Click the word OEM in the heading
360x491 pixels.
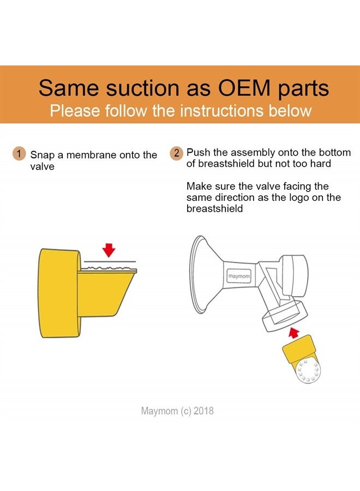coord(244,88)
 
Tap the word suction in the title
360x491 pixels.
coord(143,88)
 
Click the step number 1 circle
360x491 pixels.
coord(19,154)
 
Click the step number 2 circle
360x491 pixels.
coord(177,153)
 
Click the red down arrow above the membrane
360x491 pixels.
coord(109,250)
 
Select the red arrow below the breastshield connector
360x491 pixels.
coord(293,333)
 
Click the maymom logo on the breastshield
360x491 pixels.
coord(239,276)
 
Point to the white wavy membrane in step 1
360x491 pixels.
coord(110,268)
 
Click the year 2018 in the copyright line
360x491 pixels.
coord(203,410)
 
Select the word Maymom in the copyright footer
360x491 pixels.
coord(160,411)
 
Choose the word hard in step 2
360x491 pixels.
coord(320,164)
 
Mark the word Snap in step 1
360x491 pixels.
coord(42,155)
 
